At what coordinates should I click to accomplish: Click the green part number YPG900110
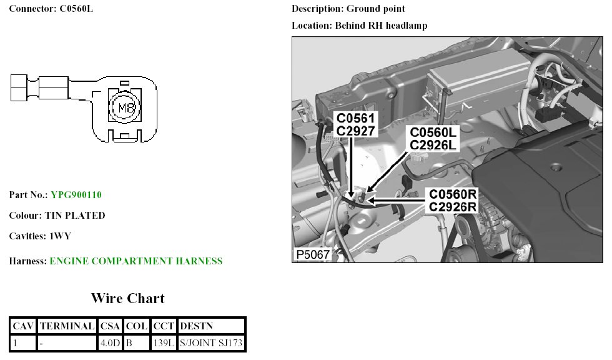(x=76, y=195)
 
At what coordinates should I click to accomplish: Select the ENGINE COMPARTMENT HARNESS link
(x=136, y=261)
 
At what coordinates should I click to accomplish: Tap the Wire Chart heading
(x=128, y=298)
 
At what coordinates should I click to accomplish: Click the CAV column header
(x=24, y=326)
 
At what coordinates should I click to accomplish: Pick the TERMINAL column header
(x=67, y=326)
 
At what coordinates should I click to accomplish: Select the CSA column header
(x=111, y=326)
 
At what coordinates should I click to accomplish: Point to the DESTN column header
(x=195, y=326)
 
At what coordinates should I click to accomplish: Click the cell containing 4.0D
(x=110, y=343)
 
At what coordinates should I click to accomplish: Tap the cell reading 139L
(x=164, y=343)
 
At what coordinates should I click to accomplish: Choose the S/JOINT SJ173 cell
(x=211, y=343)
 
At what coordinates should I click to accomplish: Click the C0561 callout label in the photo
(x=355, y=119)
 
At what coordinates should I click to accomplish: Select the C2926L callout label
(x=434, y=145)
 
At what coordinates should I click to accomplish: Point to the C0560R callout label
(x=453, y=194)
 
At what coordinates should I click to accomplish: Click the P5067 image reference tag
(x=312, y=254)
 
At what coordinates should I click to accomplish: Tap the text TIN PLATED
(x=75, y=216)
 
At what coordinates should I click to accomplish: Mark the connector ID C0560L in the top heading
(x=77, y=9)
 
